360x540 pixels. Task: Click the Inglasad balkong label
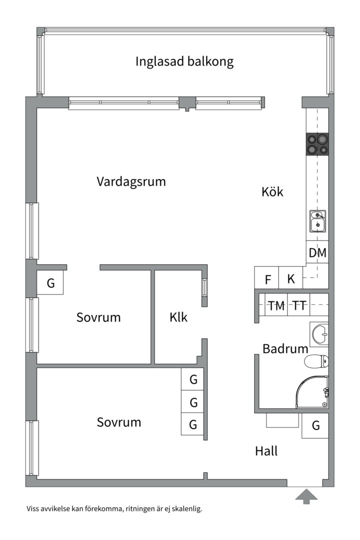click(x=184, y=62)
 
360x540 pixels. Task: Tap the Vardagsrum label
click(x=131, y=181)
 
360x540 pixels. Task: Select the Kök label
click(x=272, y=191)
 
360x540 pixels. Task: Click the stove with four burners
click(x=317, y=144)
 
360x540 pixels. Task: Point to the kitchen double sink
click(x=317, y=221)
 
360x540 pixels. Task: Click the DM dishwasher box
click(x=317, y=253)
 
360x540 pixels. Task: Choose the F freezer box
click(x=266, y=277)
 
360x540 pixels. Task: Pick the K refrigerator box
click(x=290, y=277)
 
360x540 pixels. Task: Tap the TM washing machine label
click(x=276, y=305)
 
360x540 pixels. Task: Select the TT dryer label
click(x=299, y=305)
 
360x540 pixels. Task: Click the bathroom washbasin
click(x=319, y=334)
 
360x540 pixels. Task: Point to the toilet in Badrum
click(x=316, y=361)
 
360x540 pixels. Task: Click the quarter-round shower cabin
click(x=312, y=392)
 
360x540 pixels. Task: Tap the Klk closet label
click(x=178, y=317)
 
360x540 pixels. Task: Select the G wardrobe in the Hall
click(x=315, y=425)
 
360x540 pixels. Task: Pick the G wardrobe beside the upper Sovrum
click(x=50, y=282)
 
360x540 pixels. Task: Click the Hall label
click(x=266, y=451)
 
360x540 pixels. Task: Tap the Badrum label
click(x=285, y=348)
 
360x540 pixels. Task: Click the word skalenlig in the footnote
click(x=187, y=508)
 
